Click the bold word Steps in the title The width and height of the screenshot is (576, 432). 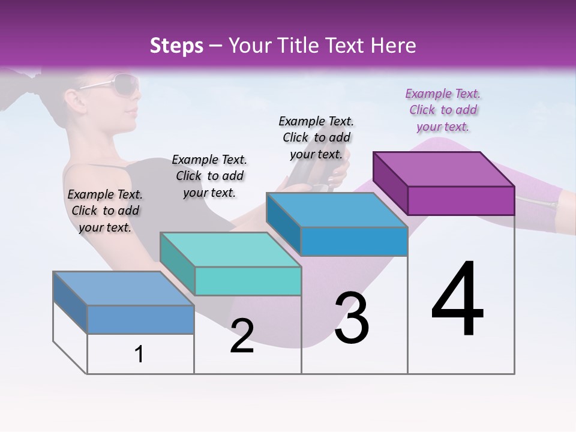pos(176,46)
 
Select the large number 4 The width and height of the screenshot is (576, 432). pos(457,300)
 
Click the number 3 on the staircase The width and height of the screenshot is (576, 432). pos(352,318)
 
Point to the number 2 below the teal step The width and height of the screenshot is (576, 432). pos(242,336)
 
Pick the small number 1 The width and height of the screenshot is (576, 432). pos(139,355)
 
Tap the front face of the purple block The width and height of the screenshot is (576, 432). pos(461,200)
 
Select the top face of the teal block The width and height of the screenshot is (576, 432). pos(230,249)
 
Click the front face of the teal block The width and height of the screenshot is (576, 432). pos(248,281)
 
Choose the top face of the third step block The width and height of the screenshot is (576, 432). pos(337,209)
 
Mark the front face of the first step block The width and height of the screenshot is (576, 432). pos(140,319)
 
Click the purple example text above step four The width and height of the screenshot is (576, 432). pos(443,110)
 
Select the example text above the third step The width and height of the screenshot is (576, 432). pos(316,138)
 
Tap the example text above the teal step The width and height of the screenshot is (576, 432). pos(209,176)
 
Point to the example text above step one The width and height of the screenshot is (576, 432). pos(105,211)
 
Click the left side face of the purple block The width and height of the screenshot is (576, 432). pos(391,184)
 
